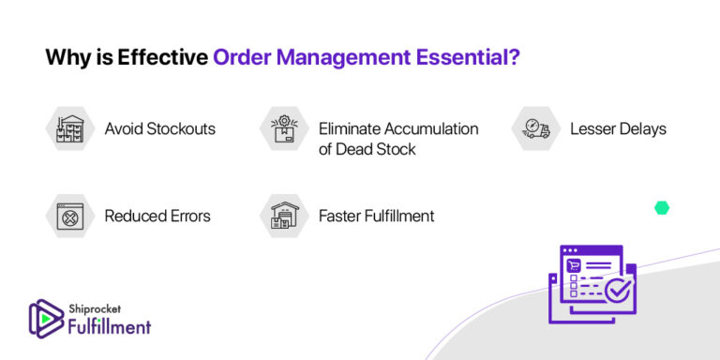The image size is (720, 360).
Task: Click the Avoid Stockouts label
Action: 159,128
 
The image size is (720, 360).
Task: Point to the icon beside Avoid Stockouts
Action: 68,128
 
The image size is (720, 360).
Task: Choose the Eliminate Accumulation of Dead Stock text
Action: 397,138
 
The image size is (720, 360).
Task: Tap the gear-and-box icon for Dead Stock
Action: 282,128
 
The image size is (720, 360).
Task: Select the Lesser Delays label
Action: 618,128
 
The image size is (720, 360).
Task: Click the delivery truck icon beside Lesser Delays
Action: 535,128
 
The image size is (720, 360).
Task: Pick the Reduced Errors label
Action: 157,216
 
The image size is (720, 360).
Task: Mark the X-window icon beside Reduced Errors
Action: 68,216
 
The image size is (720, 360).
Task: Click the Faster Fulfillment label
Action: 376,216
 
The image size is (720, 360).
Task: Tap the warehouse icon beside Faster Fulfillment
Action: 282,216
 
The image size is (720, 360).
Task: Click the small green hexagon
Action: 662,208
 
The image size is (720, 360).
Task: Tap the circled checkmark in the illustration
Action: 617,291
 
